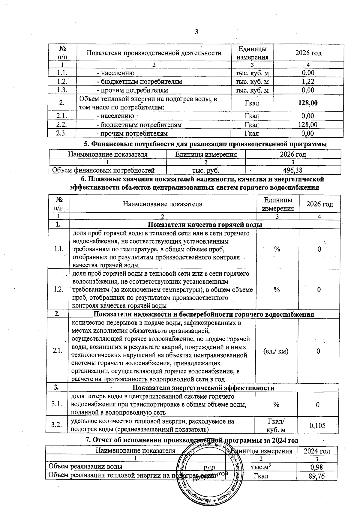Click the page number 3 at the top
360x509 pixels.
tap(196, 32)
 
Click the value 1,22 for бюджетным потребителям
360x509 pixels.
tap(308, 82)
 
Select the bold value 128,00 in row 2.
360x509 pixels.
tap(308, 103)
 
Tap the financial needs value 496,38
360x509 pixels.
tap(293, 170)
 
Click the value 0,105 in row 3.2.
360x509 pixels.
tap(317, 425)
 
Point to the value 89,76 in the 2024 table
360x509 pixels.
tap(316, 476)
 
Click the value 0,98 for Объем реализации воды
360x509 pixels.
tap(316, 467)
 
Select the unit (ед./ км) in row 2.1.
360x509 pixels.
tap(276, 351)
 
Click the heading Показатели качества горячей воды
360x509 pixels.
tap(205, 225)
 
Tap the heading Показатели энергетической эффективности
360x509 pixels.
tap(203, 388)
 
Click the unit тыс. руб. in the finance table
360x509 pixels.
tap(205, 170)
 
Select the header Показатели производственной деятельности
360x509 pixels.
tap(154, 53)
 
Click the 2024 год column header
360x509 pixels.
tap(317, 451)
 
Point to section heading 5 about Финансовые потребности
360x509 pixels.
tap(205, 144)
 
